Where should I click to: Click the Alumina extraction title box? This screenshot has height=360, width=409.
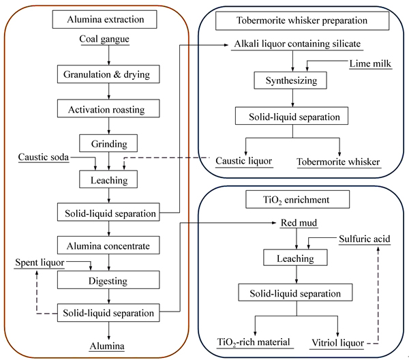coord(109,19)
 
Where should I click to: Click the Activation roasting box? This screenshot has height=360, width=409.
coord(109,109)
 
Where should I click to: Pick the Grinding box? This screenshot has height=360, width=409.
coord(109,143)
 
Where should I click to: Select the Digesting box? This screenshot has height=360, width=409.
coord(109,280)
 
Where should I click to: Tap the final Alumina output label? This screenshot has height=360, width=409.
coord(109,346)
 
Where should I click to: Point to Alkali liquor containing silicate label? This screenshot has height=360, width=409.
coord(293,44)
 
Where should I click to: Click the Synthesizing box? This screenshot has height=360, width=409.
coord(292,81)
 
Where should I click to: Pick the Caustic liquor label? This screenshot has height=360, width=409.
coord(244,162)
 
